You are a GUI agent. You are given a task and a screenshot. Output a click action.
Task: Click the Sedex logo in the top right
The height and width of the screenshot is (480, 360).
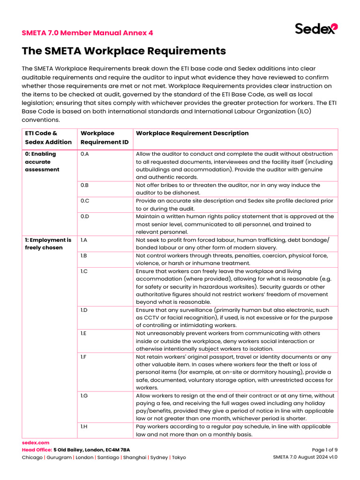[x=315, y=29]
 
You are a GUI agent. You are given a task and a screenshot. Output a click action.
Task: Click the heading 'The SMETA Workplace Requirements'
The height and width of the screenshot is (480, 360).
[x=124, y=51]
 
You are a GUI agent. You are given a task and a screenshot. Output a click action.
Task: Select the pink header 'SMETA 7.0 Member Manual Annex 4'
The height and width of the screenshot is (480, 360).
[x=87, y=33]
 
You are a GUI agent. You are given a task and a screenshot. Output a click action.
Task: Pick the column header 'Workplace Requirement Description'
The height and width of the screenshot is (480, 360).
[x=192, y=133]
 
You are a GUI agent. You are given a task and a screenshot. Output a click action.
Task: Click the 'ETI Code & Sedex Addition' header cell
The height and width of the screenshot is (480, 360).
[x=48, y=137]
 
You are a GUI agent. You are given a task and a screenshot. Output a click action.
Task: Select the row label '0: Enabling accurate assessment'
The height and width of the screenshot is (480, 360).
[x=42, y=162]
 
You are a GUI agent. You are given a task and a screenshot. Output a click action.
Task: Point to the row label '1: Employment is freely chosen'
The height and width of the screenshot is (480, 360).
[x=48, y=244]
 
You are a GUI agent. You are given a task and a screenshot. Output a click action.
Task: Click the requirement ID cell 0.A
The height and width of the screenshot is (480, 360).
[x=85, y=154]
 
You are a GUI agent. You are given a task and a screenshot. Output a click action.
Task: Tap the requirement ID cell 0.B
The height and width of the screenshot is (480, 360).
[x=85, y=185]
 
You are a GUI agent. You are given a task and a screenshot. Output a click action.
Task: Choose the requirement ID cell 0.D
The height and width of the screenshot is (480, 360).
[x=85, y=217]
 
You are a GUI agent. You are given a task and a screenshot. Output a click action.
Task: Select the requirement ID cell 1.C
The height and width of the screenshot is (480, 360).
[x=85, y=271]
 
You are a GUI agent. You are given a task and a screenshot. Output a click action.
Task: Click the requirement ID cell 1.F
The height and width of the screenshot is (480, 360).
[x=84, y=357]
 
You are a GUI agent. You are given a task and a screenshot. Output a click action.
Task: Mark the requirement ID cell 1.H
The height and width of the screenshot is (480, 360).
[x=84, y=427]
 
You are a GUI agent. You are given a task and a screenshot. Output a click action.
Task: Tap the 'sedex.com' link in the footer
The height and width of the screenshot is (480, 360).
[x=36, y=442]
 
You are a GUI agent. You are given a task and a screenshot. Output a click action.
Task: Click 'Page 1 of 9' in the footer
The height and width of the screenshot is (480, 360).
[x=324, y=450]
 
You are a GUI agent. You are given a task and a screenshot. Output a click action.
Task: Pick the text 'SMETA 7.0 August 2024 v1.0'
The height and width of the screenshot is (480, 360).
[x=305, y=457]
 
